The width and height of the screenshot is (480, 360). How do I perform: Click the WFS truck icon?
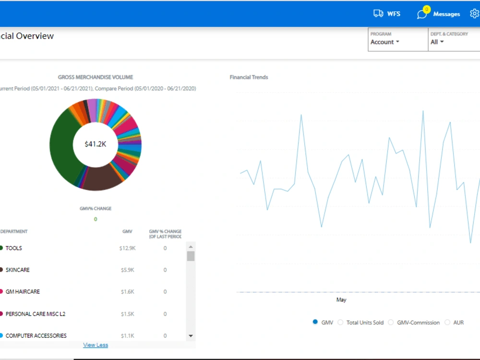[x=378, y=13]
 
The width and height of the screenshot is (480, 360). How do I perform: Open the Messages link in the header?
[x=446, y=14]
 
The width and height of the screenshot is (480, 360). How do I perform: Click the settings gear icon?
[x=475, y=13]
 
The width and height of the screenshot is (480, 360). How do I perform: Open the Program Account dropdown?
[x=385, y=42]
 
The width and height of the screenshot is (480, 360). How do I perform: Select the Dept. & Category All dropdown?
[x=437, y=42]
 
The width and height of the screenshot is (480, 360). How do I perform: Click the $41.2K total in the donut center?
[x=96, y=144]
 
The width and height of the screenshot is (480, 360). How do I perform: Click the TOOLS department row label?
[x=14, y=248]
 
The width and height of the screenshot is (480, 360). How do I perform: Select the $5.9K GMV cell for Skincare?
[x=127, y=270]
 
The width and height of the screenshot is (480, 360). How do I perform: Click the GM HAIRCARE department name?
[x=23, y=292]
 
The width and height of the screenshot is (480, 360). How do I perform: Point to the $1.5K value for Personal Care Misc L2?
[x=127, y=314]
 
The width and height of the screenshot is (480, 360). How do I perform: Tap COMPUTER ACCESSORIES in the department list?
[x=36, y=336]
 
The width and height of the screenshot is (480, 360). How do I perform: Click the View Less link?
[x=96, y=345]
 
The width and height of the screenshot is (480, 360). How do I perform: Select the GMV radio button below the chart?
[x=315, y=322]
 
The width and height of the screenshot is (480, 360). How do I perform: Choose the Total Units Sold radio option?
[x=340, y=323]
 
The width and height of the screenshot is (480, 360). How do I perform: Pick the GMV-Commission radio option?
[x=391, y=323]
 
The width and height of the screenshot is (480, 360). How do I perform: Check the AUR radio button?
[x=447, y=323]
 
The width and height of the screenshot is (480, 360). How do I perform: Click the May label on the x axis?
[x=341, y=300]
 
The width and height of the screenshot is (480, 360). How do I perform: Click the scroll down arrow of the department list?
[x=191, y=336]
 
